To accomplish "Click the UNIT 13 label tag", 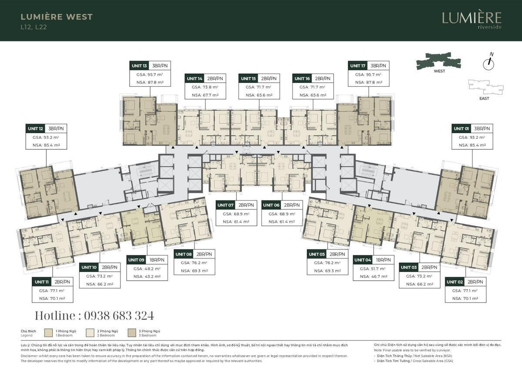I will [x=139, y=66].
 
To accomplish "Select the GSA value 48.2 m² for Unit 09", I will [x=147, y=269].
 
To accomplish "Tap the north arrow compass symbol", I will [x=489, y=63].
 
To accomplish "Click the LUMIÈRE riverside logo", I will [x=472, y=20].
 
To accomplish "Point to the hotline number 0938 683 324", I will [x=94, y=316].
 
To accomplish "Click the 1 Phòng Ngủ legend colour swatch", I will [x=49, y=333].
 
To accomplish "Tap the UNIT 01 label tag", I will [x=462, y=128].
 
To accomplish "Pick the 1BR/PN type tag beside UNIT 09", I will [x=157, y=260].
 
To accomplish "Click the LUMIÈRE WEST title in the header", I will [x=57, y=17].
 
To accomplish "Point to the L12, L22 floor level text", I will [x=33, y=27].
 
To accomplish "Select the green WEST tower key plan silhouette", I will [x=439, y=61].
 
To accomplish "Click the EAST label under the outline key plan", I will [x=484, y=98].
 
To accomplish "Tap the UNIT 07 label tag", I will [x=226, y=205].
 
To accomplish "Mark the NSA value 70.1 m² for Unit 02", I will [x=465, y=299].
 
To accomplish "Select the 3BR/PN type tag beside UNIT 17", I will [x=378, y=66].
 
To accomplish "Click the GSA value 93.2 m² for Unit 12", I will [x=46, y=137].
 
